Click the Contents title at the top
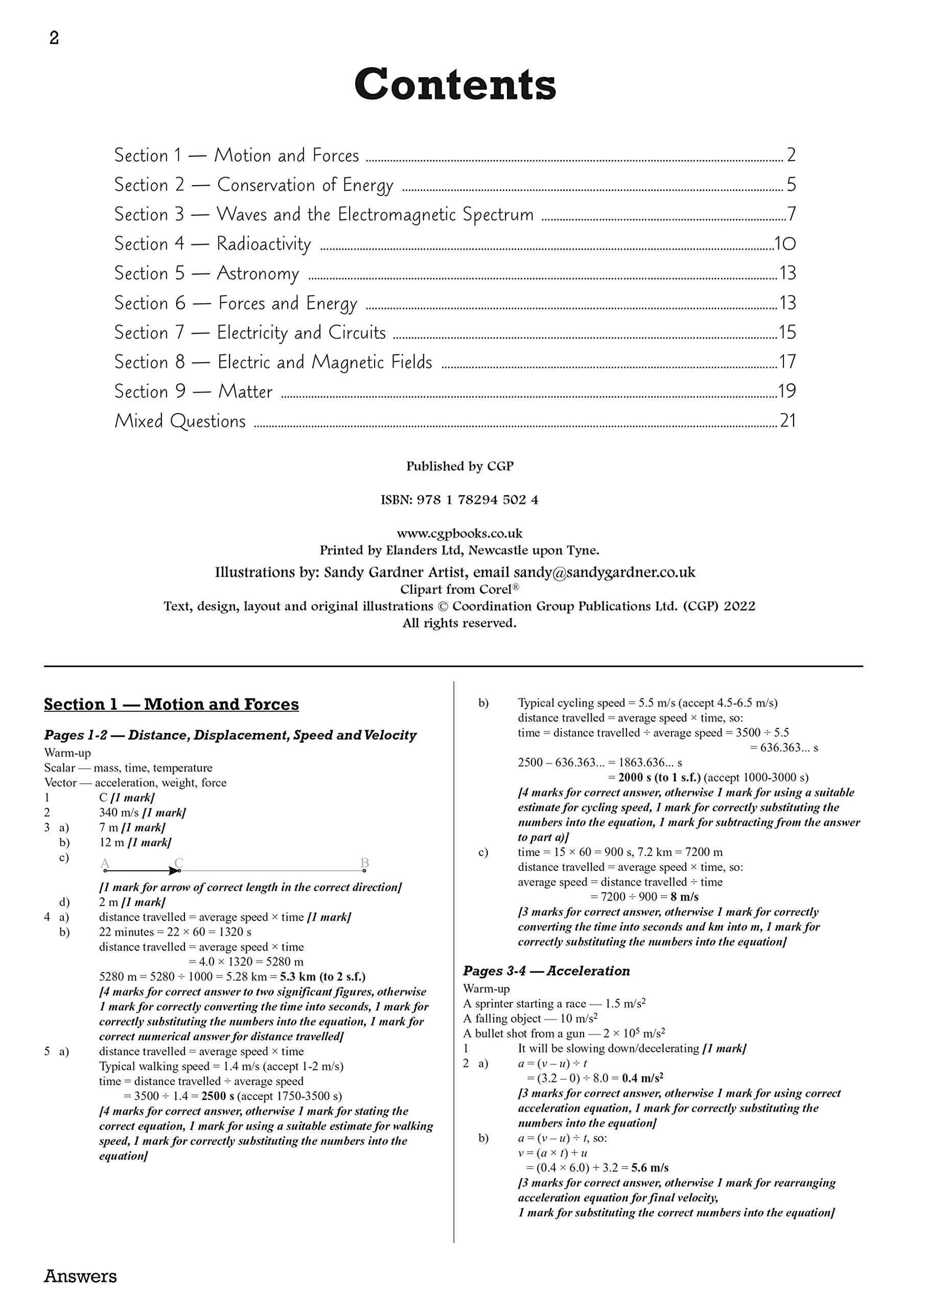(455, 84)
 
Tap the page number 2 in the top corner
(54, 38)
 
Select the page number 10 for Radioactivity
(785, 244)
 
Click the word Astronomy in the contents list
(258, 274)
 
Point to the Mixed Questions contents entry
(180, 421)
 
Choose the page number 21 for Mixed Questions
(788, 421)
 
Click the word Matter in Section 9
(246, 392)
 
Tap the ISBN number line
(459, 500)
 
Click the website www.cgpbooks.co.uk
(459, 534)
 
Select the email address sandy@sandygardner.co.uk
(604, 572)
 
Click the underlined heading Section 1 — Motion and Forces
(171, 705)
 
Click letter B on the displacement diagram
(365, 863)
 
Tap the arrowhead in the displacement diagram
(174, 871)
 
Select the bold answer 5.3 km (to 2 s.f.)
(322, 977)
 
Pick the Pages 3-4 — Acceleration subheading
(546, 971)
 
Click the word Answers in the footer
(80, 1276)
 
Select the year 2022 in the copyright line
(739, 606)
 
